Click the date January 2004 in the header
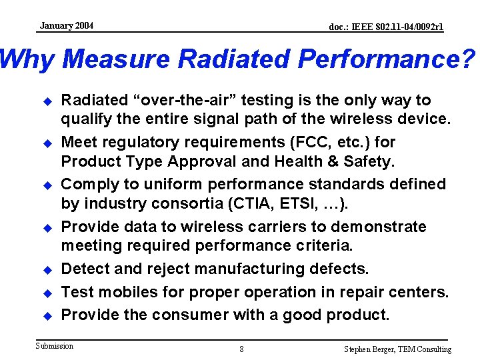[x=66, y=26]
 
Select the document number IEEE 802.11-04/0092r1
[x=386, y=27]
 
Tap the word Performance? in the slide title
[x=387, y=60]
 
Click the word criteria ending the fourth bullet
[x=319, y=246]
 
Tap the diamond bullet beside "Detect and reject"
[x=47, y=270]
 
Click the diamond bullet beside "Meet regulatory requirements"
[x=47, y=143]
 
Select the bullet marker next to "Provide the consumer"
[x=47, y=315]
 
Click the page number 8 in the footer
[x=241, y=349]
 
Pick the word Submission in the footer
[x=55, y=346]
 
